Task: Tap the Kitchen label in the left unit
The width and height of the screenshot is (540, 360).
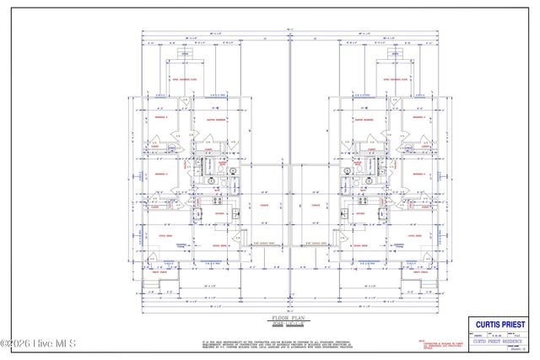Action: point(218,213)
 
